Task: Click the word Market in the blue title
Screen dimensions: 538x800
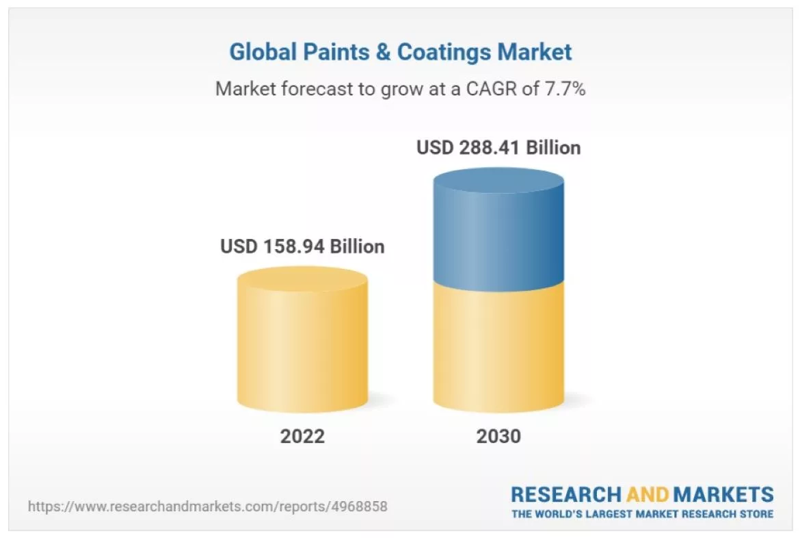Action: coord(534,52)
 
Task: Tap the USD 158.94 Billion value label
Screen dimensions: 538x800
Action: coord(302,246)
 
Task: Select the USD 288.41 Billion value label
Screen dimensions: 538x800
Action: coord(498,147)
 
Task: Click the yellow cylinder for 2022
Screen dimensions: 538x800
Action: coord(302,349)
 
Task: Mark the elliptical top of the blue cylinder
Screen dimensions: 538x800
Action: coord(498,180)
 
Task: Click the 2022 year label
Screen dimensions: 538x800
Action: coord(302,436)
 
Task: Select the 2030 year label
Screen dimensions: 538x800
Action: coord(498,436)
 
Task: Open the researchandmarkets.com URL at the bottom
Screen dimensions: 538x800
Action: coord(208,507)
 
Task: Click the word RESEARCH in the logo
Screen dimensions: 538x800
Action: coord(565,494)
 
